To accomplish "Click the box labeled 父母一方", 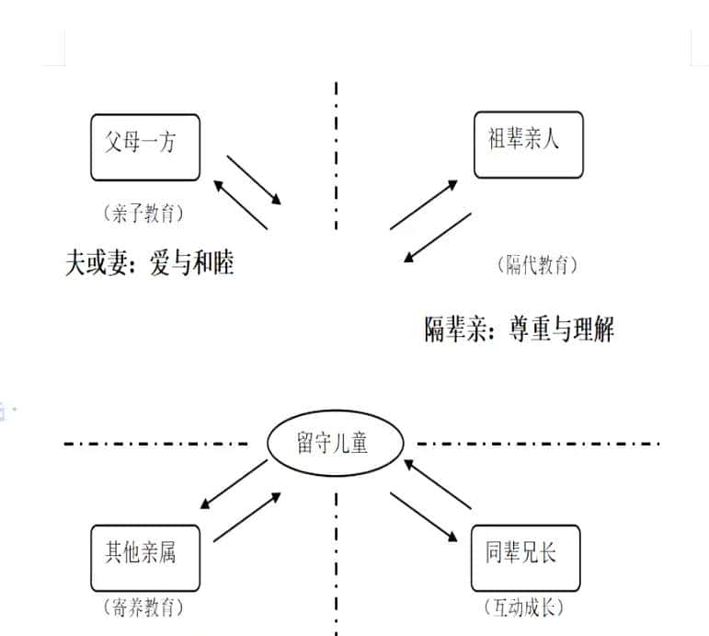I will click(145, 145).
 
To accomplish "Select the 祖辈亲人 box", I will click(528, 145).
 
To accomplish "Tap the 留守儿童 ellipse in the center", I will click(335, 444).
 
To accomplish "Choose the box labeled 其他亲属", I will click(145, 557).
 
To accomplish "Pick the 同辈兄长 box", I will click(525, 557).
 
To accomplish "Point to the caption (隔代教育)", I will click(538, 266).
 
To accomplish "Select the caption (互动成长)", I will click(523, 607).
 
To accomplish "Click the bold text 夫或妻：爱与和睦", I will click(150, 263).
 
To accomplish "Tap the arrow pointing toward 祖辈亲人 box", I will click(424, 204).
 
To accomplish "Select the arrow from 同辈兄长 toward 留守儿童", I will click(438, 484).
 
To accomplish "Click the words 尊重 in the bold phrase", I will click(529, 329).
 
